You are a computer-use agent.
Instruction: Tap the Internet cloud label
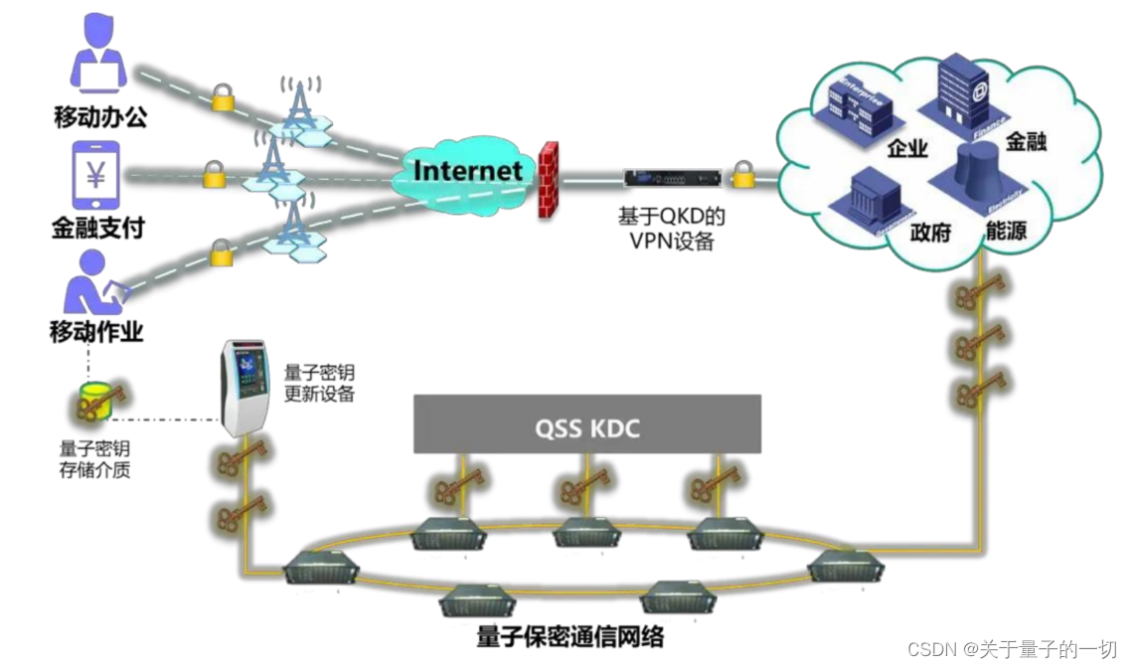[x=467, y=171]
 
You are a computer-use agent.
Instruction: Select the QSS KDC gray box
[x=587, y=428]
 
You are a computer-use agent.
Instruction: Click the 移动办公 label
[x=100, y=116]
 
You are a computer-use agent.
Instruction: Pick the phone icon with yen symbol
[x=96, y=177]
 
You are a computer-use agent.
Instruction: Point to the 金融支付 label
[x=98, y=228]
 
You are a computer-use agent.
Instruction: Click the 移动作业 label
[x=96, y=331]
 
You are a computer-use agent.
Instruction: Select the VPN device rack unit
[x=671, y=179]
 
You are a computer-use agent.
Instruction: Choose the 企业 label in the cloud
[x=905, y=149]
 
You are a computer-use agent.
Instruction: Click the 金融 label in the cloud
[x=1026, y=141]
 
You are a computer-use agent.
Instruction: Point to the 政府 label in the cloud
[x=931, y=234]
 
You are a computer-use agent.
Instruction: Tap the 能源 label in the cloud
[x=1006, y=233]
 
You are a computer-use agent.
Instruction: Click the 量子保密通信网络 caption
[x=569, y=636]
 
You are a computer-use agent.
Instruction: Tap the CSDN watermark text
[x=1012, y=649]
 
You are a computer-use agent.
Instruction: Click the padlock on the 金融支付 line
[x=214, y=175]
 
